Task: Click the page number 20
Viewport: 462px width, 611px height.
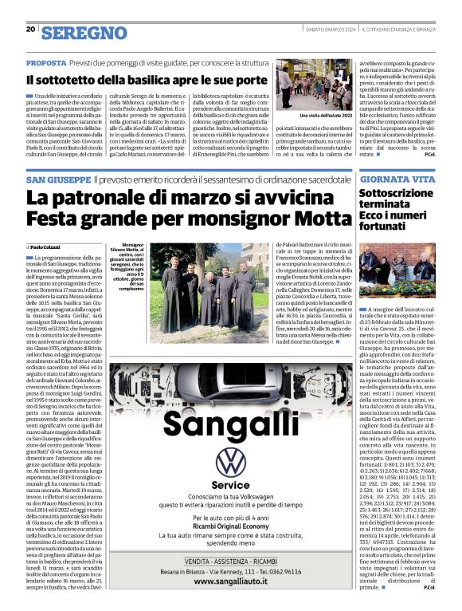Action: (30, 29)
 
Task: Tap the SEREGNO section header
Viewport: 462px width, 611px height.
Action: (84, 33)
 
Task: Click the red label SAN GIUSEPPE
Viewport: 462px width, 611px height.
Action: (58, 180)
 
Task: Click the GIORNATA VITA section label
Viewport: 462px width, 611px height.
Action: (397, 180)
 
